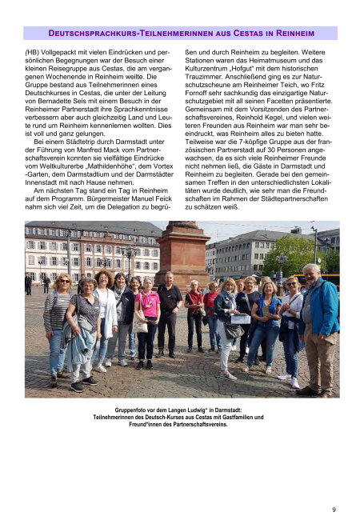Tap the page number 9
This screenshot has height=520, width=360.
[x=334, y=509]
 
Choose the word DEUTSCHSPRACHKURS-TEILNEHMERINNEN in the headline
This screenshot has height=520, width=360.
[x=120, y=33]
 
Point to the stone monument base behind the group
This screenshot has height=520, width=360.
[x=182, y=256]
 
